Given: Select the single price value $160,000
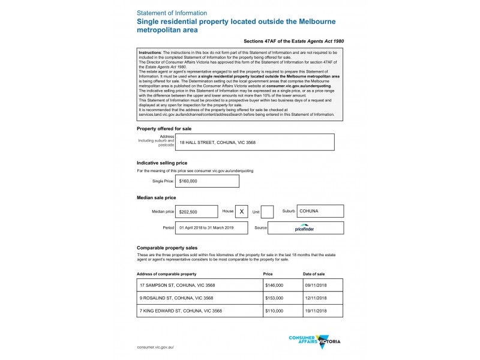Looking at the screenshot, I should coord(207,181).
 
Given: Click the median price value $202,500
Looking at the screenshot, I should coord(196,212).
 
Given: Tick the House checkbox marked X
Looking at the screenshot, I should coord(242,212).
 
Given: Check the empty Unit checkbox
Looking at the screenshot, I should coord(268,212).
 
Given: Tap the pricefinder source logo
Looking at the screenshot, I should coord(306,228).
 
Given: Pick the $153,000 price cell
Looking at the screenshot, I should coord(282,298).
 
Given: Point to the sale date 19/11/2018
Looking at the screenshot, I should coord(323,311).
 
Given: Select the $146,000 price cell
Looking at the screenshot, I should coord(282,286).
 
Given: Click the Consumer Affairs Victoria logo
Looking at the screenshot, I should coord(314,341).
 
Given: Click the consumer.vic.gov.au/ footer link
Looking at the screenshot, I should coord(155,347).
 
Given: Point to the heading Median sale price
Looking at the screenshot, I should coord(157,197).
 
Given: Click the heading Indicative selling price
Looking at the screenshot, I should coord(162,163).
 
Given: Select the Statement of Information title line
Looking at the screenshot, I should coord(172,13).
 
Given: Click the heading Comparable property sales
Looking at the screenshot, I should coord(167,248).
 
